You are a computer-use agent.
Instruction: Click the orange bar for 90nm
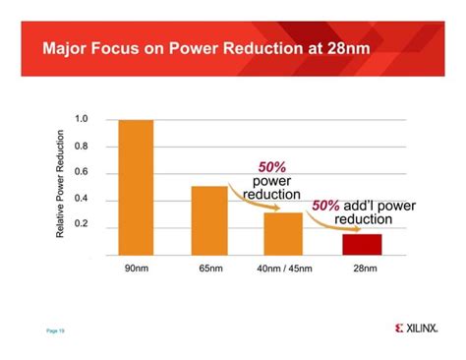136,188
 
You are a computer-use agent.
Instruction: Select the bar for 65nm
209,220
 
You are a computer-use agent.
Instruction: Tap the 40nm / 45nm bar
283,234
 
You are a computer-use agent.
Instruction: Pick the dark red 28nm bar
362,245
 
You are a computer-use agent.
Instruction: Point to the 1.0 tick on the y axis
82,119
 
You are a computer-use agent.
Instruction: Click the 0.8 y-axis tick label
82,146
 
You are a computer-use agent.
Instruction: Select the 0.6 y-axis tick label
82,172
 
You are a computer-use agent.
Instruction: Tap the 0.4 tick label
82,198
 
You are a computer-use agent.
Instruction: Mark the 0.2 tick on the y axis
82,223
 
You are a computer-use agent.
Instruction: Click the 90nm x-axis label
137,269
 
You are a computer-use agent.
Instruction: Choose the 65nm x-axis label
210,269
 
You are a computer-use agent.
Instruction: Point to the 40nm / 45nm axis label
284,269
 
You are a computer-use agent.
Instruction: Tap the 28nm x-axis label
365,269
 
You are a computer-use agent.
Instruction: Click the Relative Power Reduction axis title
60,184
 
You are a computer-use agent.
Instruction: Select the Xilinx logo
417,329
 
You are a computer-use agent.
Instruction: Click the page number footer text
55,330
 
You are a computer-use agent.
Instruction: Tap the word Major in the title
64,48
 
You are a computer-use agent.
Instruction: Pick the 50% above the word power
272,167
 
